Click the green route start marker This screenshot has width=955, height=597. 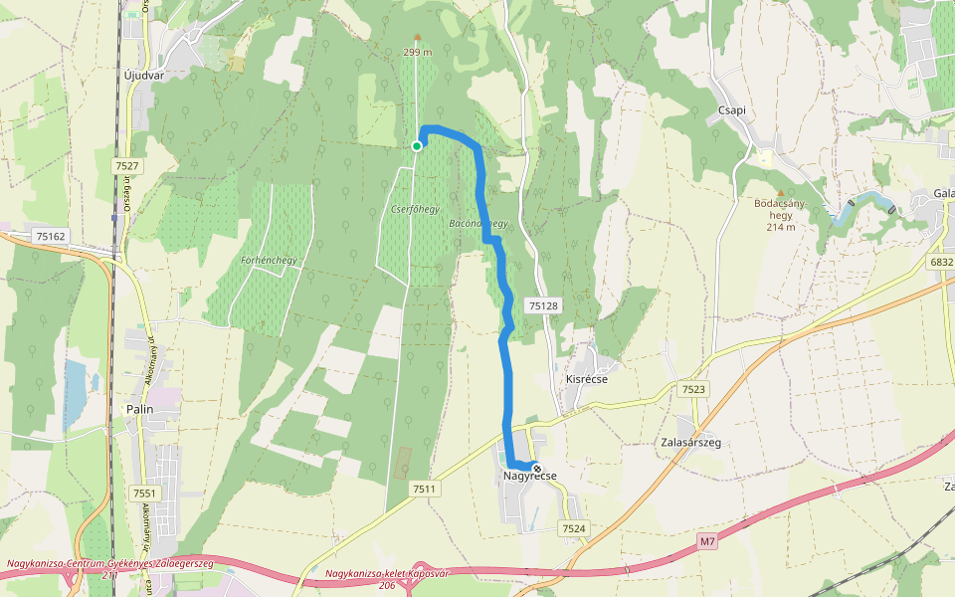pyautogui.click(x=417, y=146)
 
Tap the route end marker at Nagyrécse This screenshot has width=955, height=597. pyautogui.click(x=537, y=468)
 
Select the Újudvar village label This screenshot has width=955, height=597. pyautogui.click(x=143, y=75)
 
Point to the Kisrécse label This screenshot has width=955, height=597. pyautogui.click(x=586, y=379)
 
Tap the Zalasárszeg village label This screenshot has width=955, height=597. pyautogui.click(x=690, y=442)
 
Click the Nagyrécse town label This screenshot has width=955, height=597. pyautogui.click(x=530, y=476)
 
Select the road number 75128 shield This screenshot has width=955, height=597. pyautogui.click(x=543, y=306)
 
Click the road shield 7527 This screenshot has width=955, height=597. pyautogui.click(x=126, y=166)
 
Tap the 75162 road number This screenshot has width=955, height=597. pyautogui.click(x=49, y=236)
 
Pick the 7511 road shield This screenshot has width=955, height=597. pyautogui.click(x=424, y=489)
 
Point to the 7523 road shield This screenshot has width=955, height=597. pyautogui.click(x=693, y=389)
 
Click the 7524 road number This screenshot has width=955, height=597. pyautogui.click(x=574, y=528)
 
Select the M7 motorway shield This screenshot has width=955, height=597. pyautogui.click(x=706, y=541)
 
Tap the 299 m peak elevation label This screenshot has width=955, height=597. pyautogui.click(x=418, y=52)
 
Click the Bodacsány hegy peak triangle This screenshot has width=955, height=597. pyautogui.click(x=780, y=193)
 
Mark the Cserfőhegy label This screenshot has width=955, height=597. pyautogui.click(x=416, y=210)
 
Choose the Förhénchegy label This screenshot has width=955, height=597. pyautogui.click(x=270, y=261)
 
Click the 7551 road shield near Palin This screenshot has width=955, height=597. pyautogui.click(x=144, y=494)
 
